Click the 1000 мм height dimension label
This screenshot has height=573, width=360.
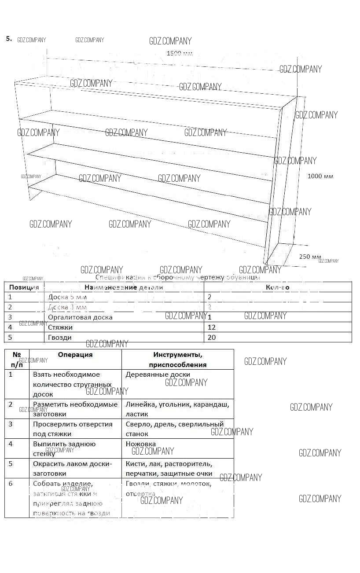pos(320,176)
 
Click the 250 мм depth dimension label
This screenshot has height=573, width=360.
pos(310,257)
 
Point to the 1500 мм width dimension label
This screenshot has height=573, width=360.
pos(180,54)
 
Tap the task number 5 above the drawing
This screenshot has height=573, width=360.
pos(9,38)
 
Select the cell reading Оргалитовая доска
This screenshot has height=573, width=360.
pos(80,317)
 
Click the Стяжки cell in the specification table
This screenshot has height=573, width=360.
pos(60,327)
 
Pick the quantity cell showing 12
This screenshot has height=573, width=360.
pos(212,327)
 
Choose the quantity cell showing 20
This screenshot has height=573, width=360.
pos(212,337)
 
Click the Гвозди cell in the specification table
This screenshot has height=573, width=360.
pos(60,337)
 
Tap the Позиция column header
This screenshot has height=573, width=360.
pos(24,287)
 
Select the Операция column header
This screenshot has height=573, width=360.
pos(75,355)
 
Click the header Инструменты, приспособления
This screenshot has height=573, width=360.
pos(177,360)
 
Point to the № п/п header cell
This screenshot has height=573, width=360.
pos(17,360)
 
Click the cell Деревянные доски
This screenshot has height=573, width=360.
pos(158,375)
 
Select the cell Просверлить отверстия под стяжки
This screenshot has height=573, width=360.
pos(73,429)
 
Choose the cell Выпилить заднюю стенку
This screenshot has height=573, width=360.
pos(64,448)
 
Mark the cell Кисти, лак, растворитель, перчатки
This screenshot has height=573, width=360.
pos(169,469)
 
